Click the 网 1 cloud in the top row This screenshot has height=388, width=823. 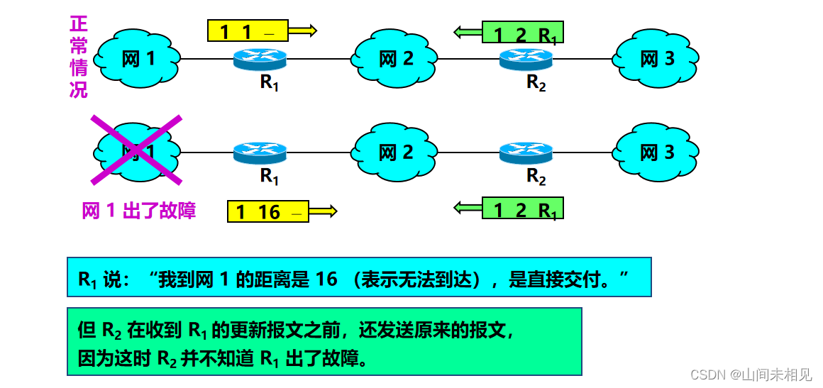[x=138, y=58]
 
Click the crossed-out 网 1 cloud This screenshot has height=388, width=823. [x=138, y=150]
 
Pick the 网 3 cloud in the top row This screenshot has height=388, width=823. [x=657, y=58]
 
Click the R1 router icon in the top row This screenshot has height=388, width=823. [x=260, y=59]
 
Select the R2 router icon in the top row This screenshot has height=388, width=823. [x=526, y=59]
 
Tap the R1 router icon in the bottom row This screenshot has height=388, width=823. [x=260, y=152]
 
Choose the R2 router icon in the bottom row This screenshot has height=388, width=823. [x=526, y=152]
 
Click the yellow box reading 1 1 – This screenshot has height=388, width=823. [x=248, y=31]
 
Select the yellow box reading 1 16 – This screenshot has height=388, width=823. [x=268, y=211]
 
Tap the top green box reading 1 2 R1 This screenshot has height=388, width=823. [x=523, y=33]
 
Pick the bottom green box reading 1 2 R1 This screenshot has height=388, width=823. [x=523, y=208]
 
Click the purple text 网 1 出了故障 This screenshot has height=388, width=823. [x=138, y=211]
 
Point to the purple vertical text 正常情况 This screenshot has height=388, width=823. [x=78, y=57]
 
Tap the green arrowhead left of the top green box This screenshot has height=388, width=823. [x=463, y=31]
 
